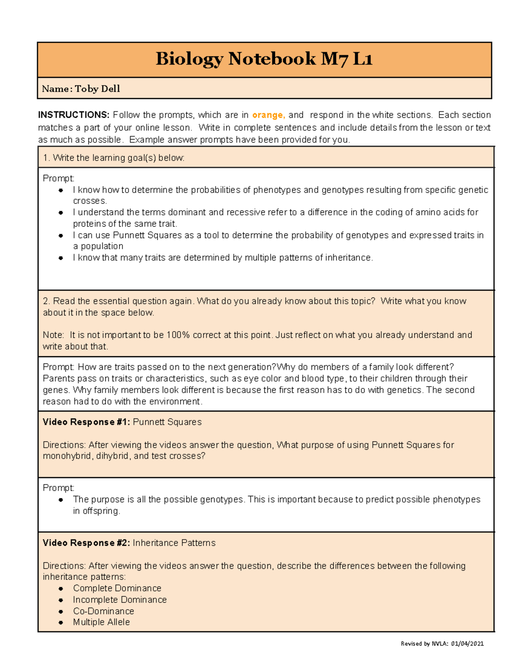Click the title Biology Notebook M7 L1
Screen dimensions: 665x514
coord(264,59)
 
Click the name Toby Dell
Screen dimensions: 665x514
coord(97,89)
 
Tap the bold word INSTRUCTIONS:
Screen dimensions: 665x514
coord(74,115)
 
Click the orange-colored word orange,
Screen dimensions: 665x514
coord(269,115)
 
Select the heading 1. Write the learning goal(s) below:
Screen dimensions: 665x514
coord(114,158)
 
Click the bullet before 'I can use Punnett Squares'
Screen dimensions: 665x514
coord(61,236)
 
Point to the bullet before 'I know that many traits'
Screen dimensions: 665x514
coord(61,258)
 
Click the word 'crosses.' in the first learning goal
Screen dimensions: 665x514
coord(90,201)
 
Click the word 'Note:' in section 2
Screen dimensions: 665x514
coord(54,335)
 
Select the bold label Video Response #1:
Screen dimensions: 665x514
coord(86,422)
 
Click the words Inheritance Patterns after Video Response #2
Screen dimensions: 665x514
coord(174,543)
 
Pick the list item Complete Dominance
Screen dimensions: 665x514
coord(117,588)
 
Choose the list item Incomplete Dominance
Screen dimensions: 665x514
coord(120,599)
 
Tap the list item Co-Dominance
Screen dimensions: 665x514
coord(103,611)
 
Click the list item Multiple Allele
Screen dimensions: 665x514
coord(101,622)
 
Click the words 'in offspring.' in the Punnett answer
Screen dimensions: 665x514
coord(96,511)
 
